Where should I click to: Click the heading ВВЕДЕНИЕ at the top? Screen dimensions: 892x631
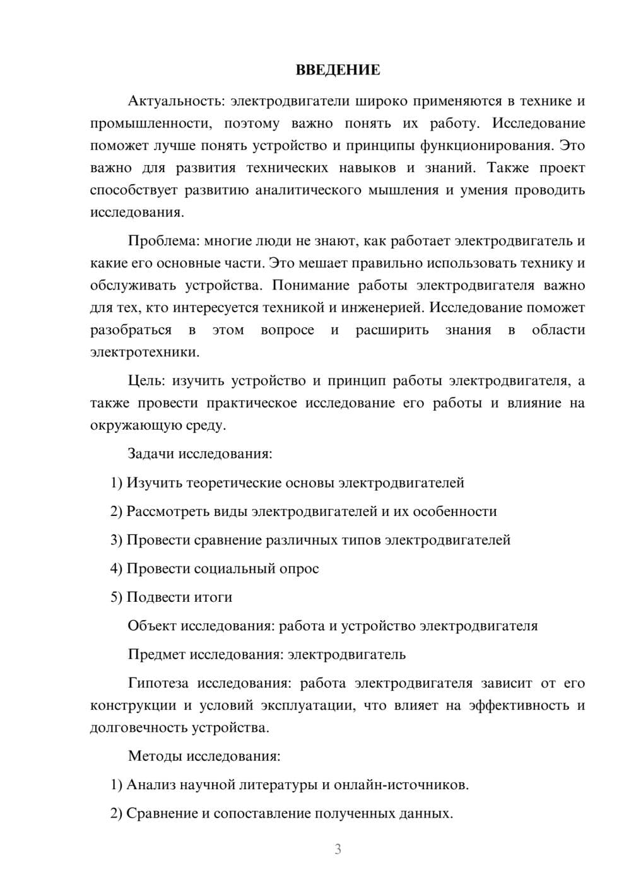click(338, 70)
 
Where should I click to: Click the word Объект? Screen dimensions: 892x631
click(151, 626)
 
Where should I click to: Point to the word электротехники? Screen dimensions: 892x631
click(144, 352)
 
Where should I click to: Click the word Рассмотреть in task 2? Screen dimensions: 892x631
click(166, 511)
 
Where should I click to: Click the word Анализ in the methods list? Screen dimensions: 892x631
click(151, 785)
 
